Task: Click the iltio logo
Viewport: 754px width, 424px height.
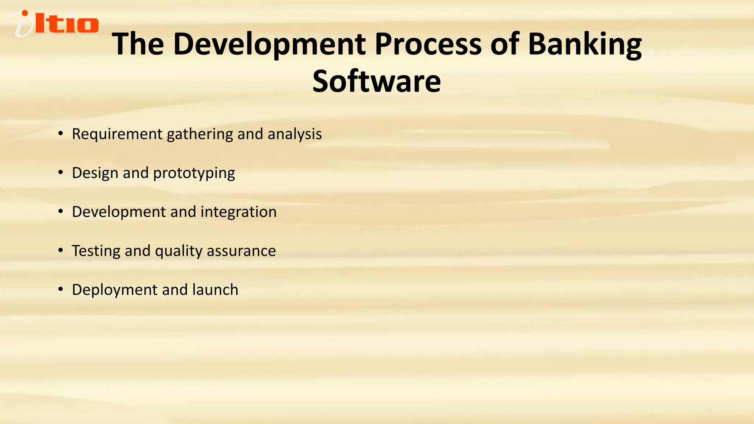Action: (x=53, y=24)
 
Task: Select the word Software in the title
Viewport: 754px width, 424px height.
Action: (x=376, y=81)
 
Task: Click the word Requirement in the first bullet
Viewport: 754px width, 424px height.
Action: (x=117, y=134)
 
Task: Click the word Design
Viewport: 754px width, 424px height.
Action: (x=95, y=173)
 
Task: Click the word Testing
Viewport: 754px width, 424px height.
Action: (x=96, y=251)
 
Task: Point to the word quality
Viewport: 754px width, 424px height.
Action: (x=179, y=251)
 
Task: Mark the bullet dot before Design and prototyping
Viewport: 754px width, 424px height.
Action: (x=61, y=173)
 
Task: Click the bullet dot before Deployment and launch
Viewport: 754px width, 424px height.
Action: (x=61, y=290)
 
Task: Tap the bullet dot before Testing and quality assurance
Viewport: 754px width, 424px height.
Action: (x=61, y=251)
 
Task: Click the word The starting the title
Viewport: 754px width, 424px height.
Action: (x=138, y=44)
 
